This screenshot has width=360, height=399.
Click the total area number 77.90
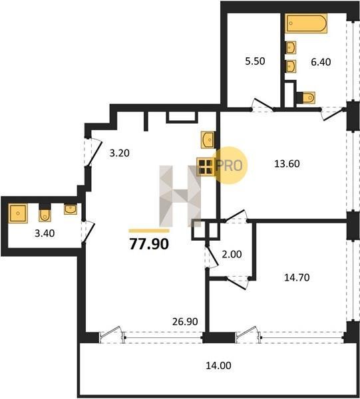(x=149, y=244)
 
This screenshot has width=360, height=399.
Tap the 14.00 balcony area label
(x=218, y=365)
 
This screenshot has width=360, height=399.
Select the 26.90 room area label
(x=185, y=322)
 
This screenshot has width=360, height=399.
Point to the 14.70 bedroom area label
(x=297, y=277)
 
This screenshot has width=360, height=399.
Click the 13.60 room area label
(x=287, y=164)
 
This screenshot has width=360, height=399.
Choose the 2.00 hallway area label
(x=232, y=254)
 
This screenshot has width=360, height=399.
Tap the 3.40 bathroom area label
(x=45, y=233)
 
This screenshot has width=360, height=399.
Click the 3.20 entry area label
(x=119, y=153)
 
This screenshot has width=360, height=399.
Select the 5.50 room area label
(x=255, y=61)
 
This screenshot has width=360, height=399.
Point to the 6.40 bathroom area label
(x=321, y=62)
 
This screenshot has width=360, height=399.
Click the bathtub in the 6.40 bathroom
(x=306, y=23)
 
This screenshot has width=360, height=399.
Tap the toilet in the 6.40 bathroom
(x=307, y=98)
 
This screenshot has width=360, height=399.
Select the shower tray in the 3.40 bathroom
(x=18, y=213)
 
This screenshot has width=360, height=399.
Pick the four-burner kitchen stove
(x=206, y=167)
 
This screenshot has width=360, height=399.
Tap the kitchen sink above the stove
(x=207, y=140)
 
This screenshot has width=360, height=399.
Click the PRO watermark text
(x=229, y=166)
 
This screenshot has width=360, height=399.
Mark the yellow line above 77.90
(x=149, y=231)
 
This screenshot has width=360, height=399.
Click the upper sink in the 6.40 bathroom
(x=291, y=48)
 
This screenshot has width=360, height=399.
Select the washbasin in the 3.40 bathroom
(x=71, y=209)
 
